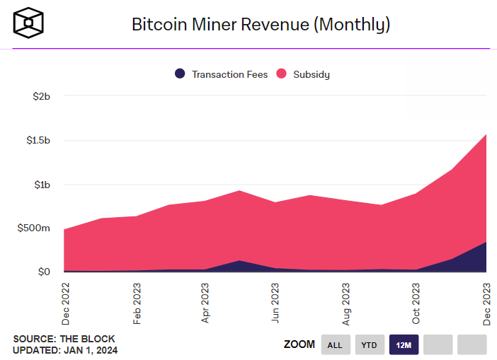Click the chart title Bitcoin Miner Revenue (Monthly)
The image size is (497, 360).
pos(261,24)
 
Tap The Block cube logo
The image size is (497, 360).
pos(29,24)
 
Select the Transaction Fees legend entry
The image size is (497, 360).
pos(221,74)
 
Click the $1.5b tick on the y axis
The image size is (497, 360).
pos(35,140)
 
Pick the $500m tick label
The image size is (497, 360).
pos(34,228)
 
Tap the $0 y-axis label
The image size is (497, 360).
pos(44,272)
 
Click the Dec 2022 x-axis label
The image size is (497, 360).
pos(64,303)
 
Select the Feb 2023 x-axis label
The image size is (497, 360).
pos(135,303)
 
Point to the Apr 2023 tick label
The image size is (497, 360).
pos(205,303)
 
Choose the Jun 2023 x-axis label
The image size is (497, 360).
pos(275,303)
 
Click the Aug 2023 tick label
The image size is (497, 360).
pos(345,303)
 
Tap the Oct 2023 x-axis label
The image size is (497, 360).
pos(416,303)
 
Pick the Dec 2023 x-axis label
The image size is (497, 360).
pos(486,303)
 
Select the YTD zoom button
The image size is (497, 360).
pos(370,344)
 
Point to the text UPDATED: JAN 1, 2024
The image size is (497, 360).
pos(65,350)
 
